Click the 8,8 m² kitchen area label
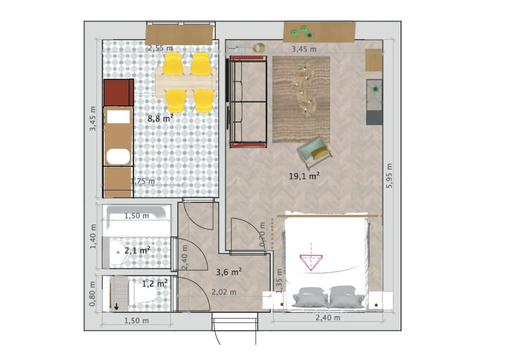coord(161,118)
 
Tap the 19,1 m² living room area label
coord(304,176)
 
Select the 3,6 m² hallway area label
coord(229,272)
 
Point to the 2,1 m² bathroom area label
coord(137,250)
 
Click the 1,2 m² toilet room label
coord(155,284)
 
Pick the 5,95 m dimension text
coord(389,176)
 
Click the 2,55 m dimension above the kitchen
coord(161,48)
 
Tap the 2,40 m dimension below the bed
coord(328,317)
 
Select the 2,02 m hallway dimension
coord(224,292)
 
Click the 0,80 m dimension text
coord(92,294)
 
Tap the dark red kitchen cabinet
coord(119,92)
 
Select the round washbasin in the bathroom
coord(118,252)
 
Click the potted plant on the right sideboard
coord(376,89)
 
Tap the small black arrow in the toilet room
coord(116,306)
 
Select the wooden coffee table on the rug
coord(304,90)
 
